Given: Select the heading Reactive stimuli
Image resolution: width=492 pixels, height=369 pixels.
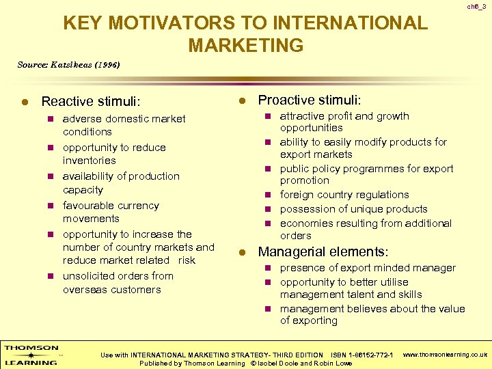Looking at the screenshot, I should (91, 102).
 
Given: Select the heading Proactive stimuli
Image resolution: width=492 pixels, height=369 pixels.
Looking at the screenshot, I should (310, 100).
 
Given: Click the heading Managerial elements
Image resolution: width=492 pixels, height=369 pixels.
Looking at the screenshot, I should (323, 252).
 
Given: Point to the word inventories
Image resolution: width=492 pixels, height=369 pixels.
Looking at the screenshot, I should (90, 161).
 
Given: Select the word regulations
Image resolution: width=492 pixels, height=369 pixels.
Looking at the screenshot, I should (378, 195).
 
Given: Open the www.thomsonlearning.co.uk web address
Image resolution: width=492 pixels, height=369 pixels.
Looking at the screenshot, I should (445, 355).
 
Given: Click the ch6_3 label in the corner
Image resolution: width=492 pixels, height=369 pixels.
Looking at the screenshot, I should (476, 6).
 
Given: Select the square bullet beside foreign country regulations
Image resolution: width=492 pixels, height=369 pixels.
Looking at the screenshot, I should (269, 195).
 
